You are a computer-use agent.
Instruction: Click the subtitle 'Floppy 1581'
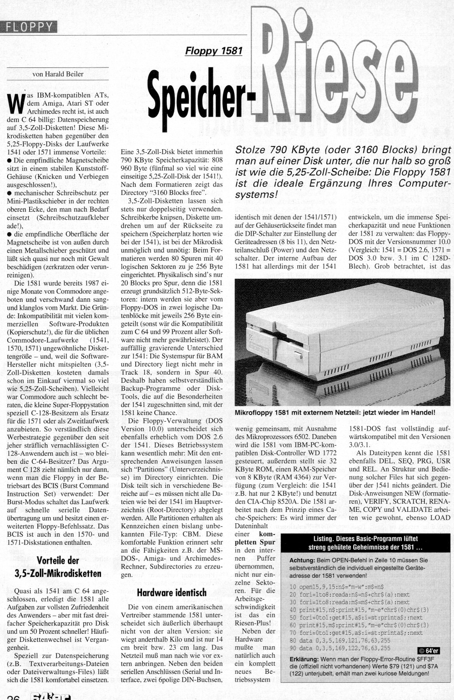click(x=214, y=51)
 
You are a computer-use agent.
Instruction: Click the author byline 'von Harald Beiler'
click(x=58, y=74)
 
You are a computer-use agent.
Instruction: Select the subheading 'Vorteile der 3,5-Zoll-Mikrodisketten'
click(x=58, y=566)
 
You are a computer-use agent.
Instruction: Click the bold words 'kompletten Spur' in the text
click(x=255, y=538)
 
